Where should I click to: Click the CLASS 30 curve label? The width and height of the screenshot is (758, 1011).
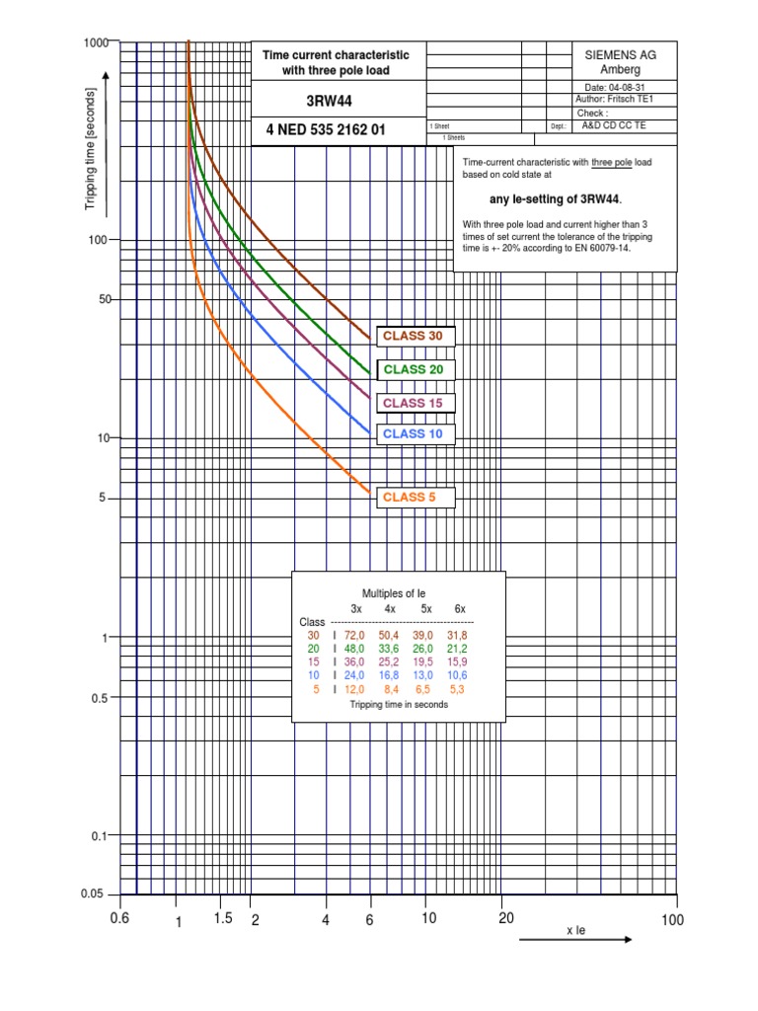[414, 337]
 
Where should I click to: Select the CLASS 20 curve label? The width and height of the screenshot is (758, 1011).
[414, 369]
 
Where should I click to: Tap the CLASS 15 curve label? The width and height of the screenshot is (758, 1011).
[414, 403]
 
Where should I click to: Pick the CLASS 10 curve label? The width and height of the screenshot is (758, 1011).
[414, 433]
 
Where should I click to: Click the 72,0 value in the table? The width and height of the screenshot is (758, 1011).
[355, 634]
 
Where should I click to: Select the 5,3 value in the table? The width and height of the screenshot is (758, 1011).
[456, 689]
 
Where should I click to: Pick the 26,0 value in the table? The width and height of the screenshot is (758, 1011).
[422, 648]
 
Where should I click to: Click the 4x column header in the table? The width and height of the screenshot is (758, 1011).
[390, 608]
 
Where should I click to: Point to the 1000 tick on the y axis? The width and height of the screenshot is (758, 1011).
[96, 42]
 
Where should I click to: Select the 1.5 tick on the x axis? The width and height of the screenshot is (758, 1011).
[222, 918]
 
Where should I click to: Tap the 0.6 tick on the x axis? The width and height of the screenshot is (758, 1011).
[120, 919]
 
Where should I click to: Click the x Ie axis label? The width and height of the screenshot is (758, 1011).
[575, 930]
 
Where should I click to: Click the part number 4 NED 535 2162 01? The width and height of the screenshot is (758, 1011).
[326, 130]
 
